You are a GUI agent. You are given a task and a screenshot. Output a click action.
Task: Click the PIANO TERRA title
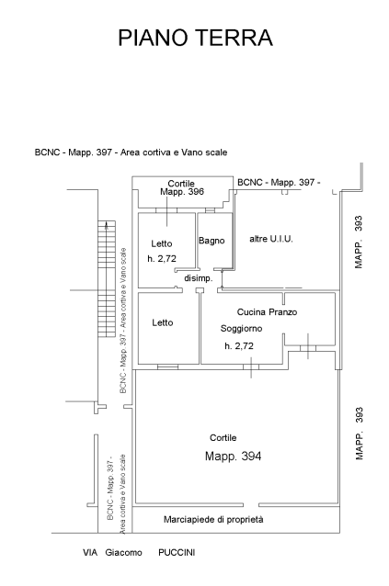(x=195, y=38)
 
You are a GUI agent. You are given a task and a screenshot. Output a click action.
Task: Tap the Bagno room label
(x=212, y=241)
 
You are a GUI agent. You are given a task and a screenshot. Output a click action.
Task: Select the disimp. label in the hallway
(x=199, y=278)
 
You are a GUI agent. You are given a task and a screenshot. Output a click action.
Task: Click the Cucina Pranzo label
(x=267, y=311)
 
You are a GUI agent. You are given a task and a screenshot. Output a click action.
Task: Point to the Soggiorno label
(x=241, y=329)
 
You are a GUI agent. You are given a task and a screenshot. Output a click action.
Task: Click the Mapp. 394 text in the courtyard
(x=233, y=456)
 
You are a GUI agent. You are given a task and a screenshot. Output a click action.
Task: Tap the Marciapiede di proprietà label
(x=213, y=520)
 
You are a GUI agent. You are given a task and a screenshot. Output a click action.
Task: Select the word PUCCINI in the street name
(x=177, y=552)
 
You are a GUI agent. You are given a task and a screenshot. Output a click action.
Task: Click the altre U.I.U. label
(x=271, y=239)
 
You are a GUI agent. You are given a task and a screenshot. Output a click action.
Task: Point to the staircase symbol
(x=107, y=279)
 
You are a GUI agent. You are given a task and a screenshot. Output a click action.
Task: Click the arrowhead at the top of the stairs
(x=107, y=224)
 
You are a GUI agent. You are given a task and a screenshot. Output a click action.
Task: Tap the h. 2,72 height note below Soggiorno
(x=239, y=346)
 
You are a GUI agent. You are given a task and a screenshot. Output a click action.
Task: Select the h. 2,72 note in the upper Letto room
(x=162, y=259)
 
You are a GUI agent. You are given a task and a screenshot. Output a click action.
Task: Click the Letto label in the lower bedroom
(x=163, y=322)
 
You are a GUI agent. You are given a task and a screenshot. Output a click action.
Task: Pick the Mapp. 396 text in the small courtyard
(x=182, y=192)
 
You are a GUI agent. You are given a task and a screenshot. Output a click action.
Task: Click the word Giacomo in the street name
(x=123, y=552)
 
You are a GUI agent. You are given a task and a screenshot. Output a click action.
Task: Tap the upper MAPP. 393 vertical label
(x=359, y=242)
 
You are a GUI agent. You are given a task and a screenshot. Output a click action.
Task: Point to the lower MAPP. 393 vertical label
(x=359, y=434)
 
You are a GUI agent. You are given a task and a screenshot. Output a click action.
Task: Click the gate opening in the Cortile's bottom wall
(x=251, y=505)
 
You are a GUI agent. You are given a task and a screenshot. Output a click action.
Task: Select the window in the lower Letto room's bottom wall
(x=167, y=367)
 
